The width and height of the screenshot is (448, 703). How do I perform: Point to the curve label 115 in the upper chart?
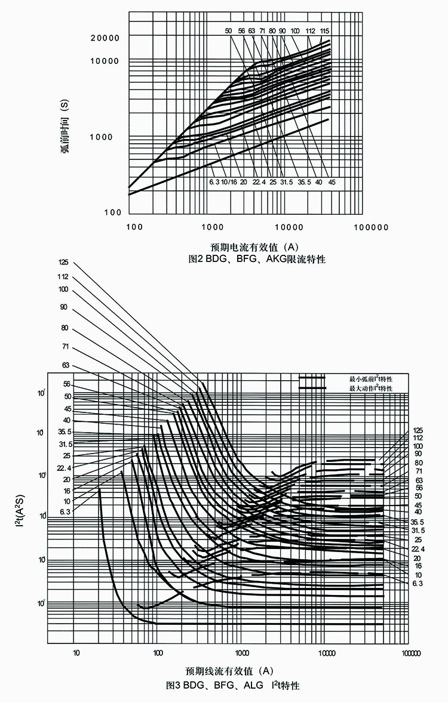(x=324, y=30)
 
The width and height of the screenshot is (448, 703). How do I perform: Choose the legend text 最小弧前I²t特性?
(x=371, y=379)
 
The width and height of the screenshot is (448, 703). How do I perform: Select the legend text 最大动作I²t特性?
(x=371, y=388)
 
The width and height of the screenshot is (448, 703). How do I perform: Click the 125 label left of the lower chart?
(x=64, y=262)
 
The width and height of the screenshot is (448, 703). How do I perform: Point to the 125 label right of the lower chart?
(x=418, y=430)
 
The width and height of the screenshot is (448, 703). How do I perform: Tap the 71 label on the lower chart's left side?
(x=65, y=346)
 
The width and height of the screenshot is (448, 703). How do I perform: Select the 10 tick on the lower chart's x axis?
(x=76, y=652)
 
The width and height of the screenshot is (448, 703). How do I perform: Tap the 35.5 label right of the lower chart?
(x=418, y=521)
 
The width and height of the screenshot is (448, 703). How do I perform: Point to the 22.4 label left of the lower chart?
(x=64, y=467)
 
